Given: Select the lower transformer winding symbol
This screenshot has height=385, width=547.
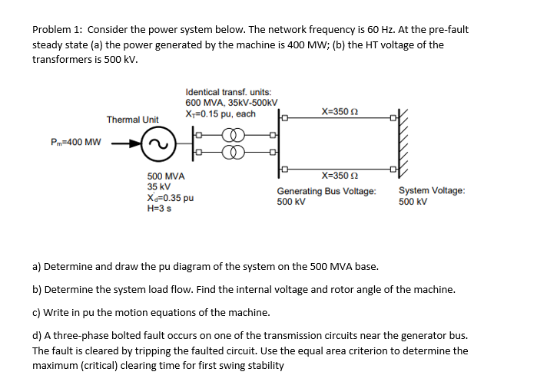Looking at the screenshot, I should click(x=234, y=151).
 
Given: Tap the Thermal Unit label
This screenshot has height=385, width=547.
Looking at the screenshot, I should click(x=132, y=120).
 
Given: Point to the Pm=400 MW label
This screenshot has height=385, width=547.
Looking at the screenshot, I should click(x=76, y=143).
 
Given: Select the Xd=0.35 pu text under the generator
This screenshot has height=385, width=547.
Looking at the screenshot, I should click(x=170, y=197).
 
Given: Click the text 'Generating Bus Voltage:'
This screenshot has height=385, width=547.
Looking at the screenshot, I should click(x=327, y=191).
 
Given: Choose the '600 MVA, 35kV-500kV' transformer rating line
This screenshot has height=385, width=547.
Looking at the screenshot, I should click(x=231, y=103).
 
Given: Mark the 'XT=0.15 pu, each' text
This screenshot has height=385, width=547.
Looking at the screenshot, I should click(x=220, y=114).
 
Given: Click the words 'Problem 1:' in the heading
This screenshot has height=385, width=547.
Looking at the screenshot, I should click(x=58, y=30).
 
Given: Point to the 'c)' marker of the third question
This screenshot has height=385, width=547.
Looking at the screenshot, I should click(x=37, y=312).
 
